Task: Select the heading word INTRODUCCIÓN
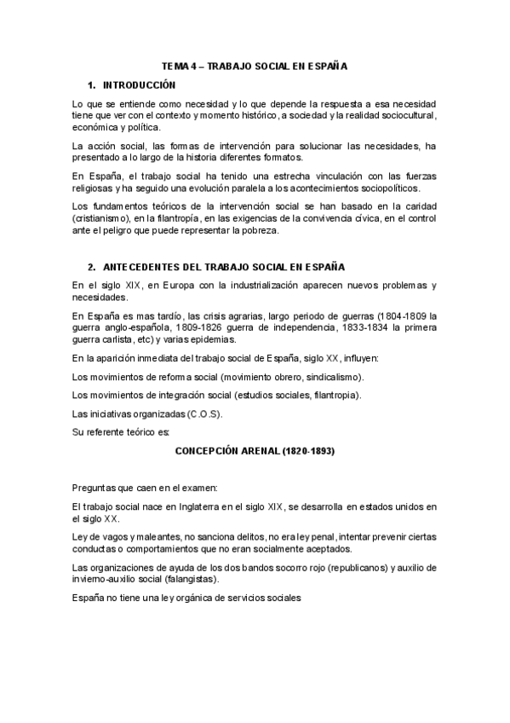point(139,85)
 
